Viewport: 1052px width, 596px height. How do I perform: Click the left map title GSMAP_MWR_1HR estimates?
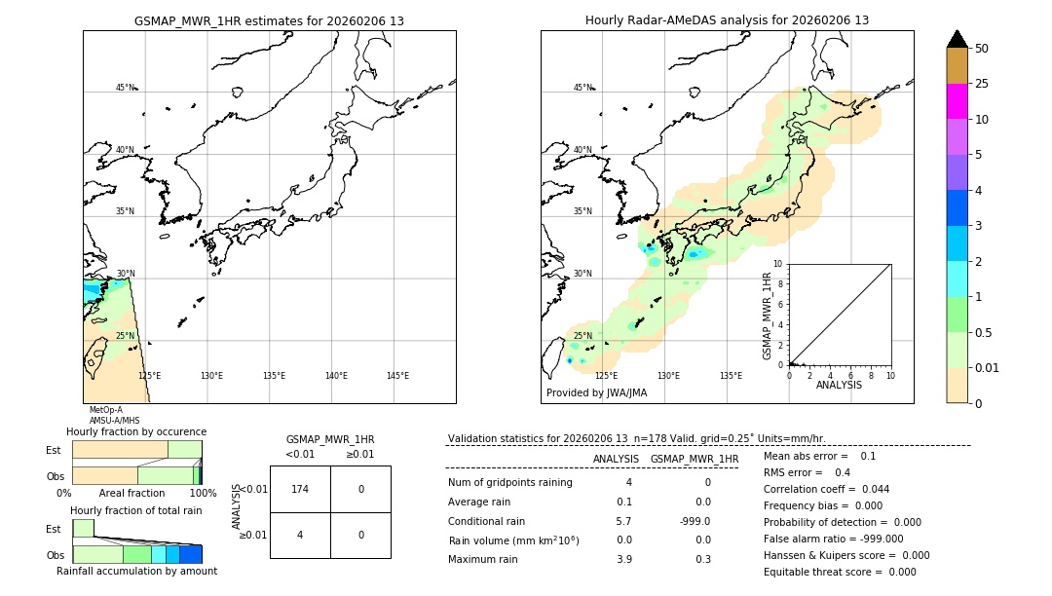pos(269,20)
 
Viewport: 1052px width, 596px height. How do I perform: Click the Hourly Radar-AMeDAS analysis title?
pos(727,20)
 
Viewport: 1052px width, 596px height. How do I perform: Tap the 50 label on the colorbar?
pos(982,49)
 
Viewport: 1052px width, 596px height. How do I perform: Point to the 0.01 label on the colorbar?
pos(989,367)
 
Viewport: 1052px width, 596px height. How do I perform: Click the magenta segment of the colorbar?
pos(957,101)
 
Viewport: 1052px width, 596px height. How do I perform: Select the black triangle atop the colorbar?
pos(957,39)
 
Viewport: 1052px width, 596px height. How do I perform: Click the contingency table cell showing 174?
pos(300,489)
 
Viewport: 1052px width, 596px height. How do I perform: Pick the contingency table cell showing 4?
pos(300,535)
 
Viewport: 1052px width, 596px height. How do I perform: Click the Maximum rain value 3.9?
pos(623,559)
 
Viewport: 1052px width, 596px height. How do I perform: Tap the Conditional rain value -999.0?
pos(695,521)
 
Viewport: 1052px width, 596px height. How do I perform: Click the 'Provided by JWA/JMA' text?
pos(596,393)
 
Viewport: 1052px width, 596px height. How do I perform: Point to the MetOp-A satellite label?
pos(105,410)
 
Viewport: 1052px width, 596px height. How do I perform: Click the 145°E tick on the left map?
pos(397,376)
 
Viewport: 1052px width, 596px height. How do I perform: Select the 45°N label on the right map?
pos(582,88)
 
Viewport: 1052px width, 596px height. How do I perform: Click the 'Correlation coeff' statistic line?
pos(826,489)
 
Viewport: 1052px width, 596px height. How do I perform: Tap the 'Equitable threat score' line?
pos(840,572)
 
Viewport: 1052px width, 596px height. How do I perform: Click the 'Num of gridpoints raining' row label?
pos(509,483)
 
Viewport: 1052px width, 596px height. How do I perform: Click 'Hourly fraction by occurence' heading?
pos(136,431)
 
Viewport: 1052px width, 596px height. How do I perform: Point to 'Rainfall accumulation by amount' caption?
pos(136,571)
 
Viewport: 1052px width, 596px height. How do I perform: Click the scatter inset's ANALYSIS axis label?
pos(839,385)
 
